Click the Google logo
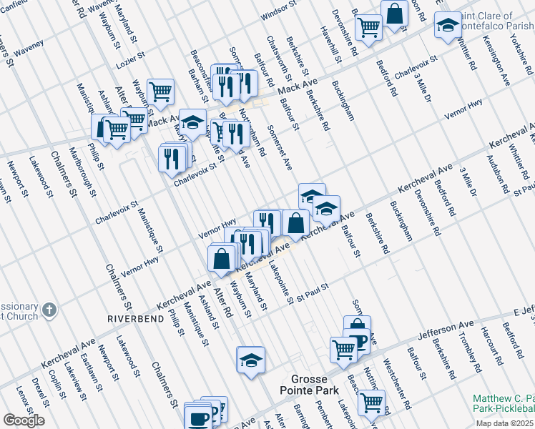tap(24, 420)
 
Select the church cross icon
tap(49, 310)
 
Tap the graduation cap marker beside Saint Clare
tap(448, 26)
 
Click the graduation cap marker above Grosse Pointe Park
tap(251, 360)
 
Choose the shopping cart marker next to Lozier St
tap(161, 92)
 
